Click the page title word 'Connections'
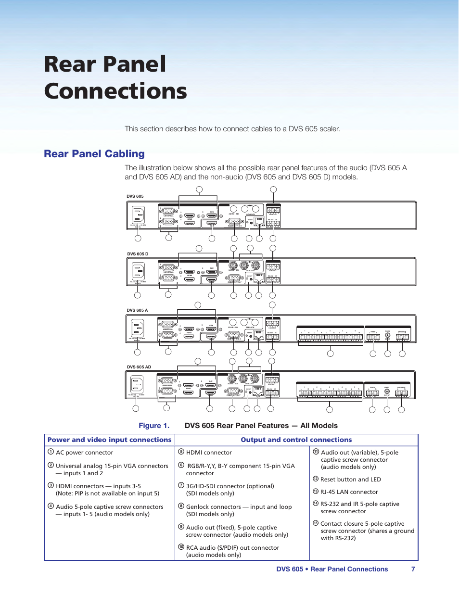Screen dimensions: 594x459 point(115,91)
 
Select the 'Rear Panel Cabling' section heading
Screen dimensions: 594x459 point(94,154)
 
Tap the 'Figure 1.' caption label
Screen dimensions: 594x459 point(154,426)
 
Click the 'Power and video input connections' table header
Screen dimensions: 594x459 point(110,440)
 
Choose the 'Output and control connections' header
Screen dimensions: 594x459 point(296,440)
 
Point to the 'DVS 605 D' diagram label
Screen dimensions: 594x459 point(138,254)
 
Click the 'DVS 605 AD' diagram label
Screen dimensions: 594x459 point(139,367)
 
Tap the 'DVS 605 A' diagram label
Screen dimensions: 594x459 point(137,310)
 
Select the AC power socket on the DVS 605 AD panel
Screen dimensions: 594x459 point(137,384)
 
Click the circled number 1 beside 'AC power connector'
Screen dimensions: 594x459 point(51,452)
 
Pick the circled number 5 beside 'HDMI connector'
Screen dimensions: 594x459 point(181,452)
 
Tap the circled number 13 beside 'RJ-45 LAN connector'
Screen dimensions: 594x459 point(316,492)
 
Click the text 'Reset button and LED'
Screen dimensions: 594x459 point(350,480)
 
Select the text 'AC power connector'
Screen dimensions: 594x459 point(85,453)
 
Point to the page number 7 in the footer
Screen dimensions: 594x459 point(413,569)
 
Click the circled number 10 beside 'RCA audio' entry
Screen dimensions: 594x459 point(181,547)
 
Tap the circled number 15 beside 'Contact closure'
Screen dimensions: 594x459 point(316,523)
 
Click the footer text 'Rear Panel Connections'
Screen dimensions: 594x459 point(349,569)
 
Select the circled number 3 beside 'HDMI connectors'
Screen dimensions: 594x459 point(51,485)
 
